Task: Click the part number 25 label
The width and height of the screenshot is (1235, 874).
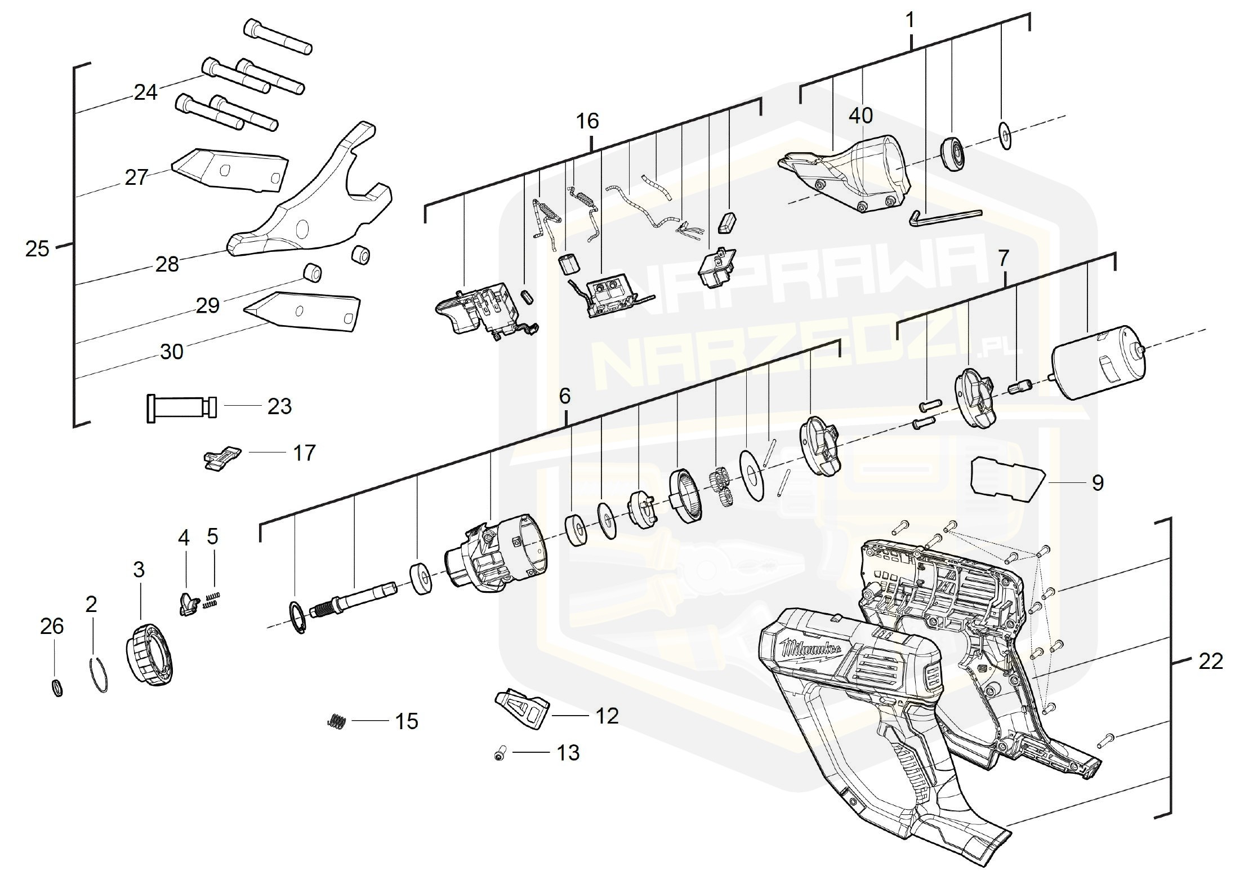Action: (x=37, y=249)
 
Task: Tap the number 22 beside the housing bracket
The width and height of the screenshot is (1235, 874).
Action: (x=1210, y=661)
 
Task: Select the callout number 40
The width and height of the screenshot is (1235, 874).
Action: (x=860, y=116)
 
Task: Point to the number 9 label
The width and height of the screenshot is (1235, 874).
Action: (x=1098, y=483)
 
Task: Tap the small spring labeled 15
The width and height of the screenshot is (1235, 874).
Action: (x=336, y=721)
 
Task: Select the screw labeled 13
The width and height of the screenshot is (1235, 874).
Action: (x=500, y=753)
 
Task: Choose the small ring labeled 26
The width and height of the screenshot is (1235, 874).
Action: (x=57, y=688)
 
